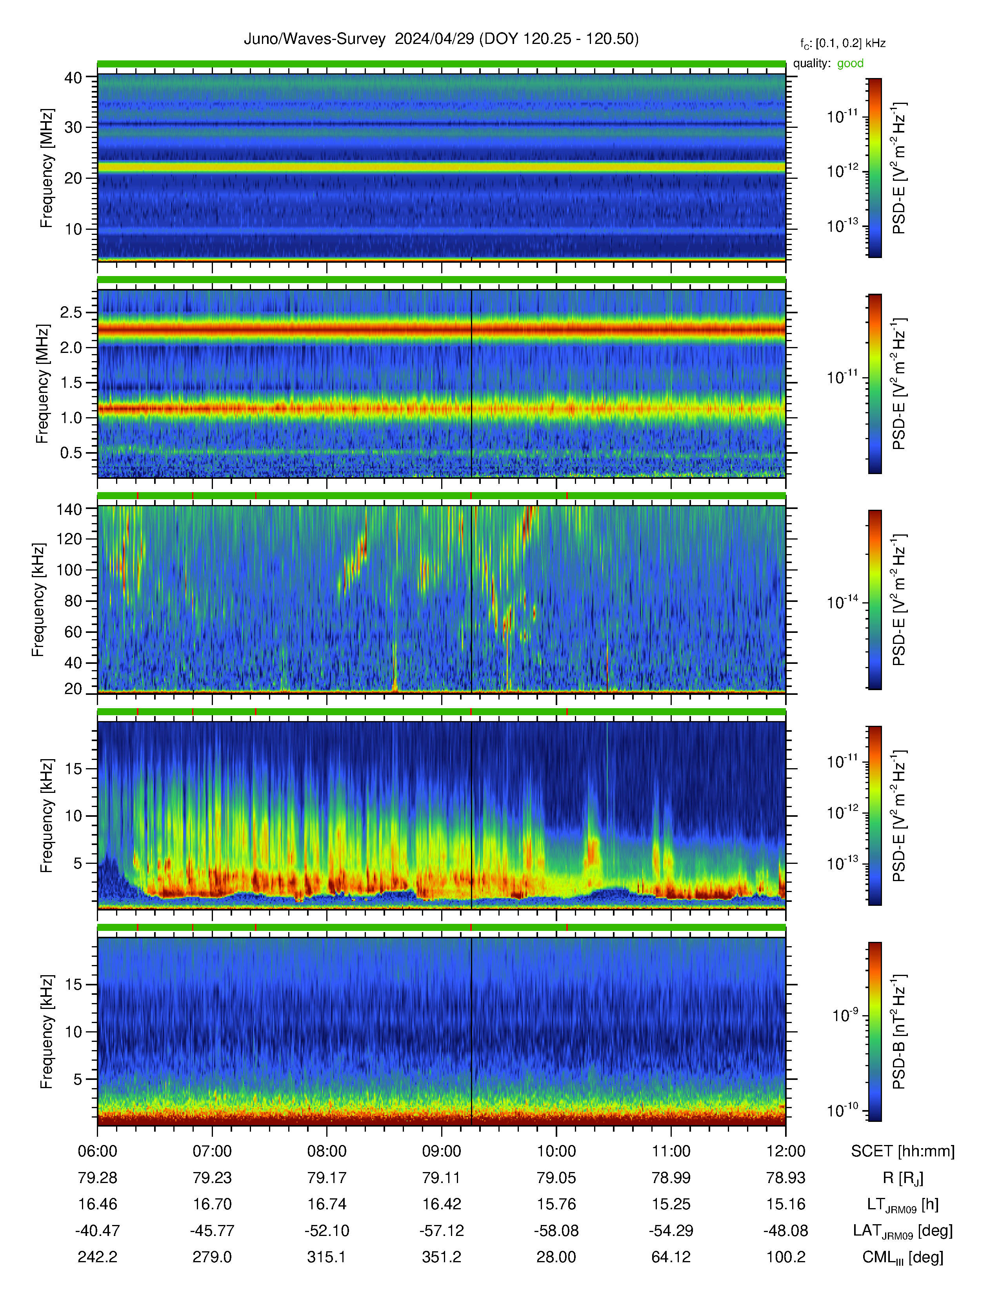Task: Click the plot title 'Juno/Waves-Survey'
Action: pos(315,39)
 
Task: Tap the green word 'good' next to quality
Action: pos(850,64)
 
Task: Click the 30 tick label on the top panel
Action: pos(73,127)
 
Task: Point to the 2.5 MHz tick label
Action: pos(71,312)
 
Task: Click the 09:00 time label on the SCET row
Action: pos(441,1151)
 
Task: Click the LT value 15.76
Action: pos(556,1204)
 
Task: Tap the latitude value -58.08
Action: pos(556,1230)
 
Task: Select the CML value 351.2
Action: pos(441,1257)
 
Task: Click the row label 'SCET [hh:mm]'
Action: pos(903,1151)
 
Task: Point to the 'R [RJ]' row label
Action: pos(903,1178)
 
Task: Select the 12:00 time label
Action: pos(785,1151)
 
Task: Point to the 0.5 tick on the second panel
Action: pos(71,453)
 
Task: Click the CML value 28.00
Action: pos(556,1257)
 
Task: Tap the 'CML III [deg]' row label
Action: pos(903,1257)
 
